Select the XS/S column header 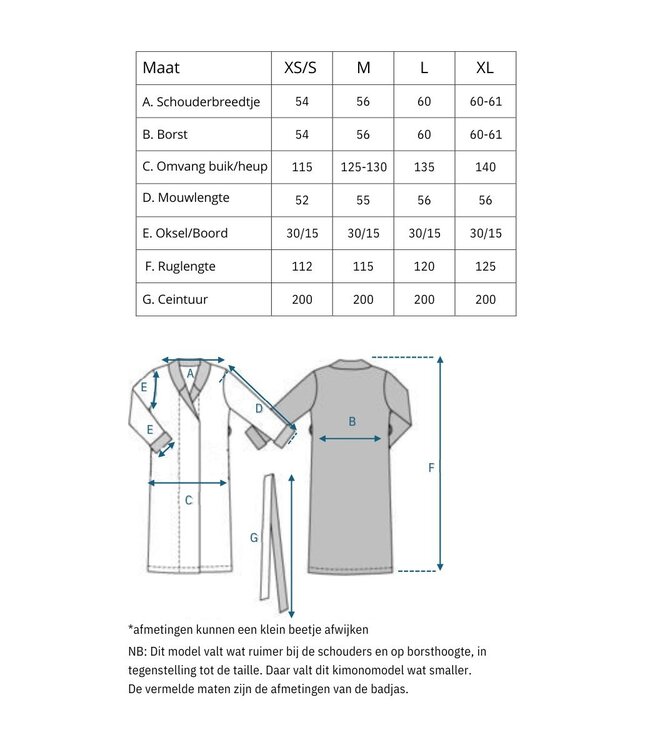(x=301, y=68)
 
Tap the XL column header (x=484, y=68)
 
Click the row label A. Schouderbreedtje (x=202, y=102)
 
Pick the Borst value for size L (x=424, y=134)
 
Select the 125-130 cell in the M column (x=362, y=167)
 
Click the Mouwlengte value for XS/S (x=301, y=200)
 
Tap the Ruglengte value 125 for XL (x=484, y=266)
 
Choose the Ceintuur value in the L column (x=424, y=299)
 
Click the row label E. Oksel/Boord (x=186, y=233)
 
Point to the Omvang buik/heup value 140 (x=484, y=167)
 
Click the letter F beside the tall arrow (x=431, y=467)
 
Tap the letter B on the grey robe (x=352, y=422)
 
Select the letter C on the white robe (x=188, y=500)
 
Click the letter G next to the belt (x=254, y=538)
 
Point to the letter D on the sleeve (x=258, y=409)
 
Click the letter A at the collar (x=190, y=374)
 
